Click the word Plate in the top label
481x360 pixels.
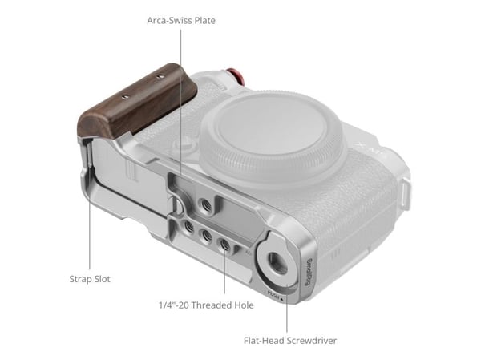tap(204, 21)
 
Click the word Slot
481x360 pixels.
tap(102, 279)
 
